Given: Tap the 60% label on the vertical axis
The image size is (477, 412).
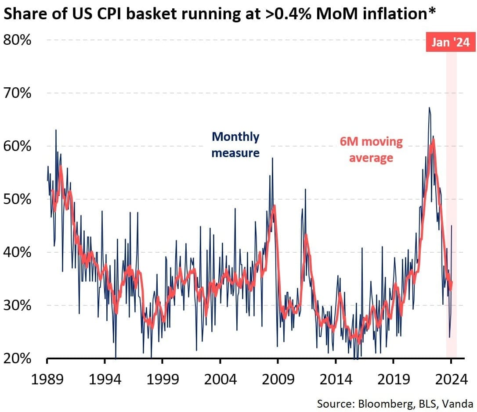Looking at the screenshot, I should (x=17, y=146).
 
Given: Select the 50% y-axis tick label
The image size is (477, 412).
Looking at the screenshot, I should (x=17, y=199).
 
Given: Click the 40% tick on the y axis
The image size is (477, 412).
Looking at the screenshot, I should (x=17, y=252).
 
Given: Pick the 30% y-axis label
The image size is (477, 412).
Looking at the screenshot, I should (x=17, y=305).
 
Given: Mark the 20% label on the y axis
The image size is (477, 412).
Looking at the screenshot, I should (x=17, y=358).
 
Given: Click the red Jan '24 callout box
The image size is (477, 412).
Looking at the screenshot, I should (x=450, y=43).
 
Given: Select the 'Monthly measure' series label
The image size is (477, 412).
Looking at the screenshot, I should (x=235, y=144).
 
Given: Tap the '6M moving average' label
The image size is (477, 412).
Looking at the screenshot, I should (x=371, y=149).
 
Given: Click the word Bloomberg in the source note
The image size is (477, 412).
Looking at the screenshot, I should (x=379, y=403).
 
